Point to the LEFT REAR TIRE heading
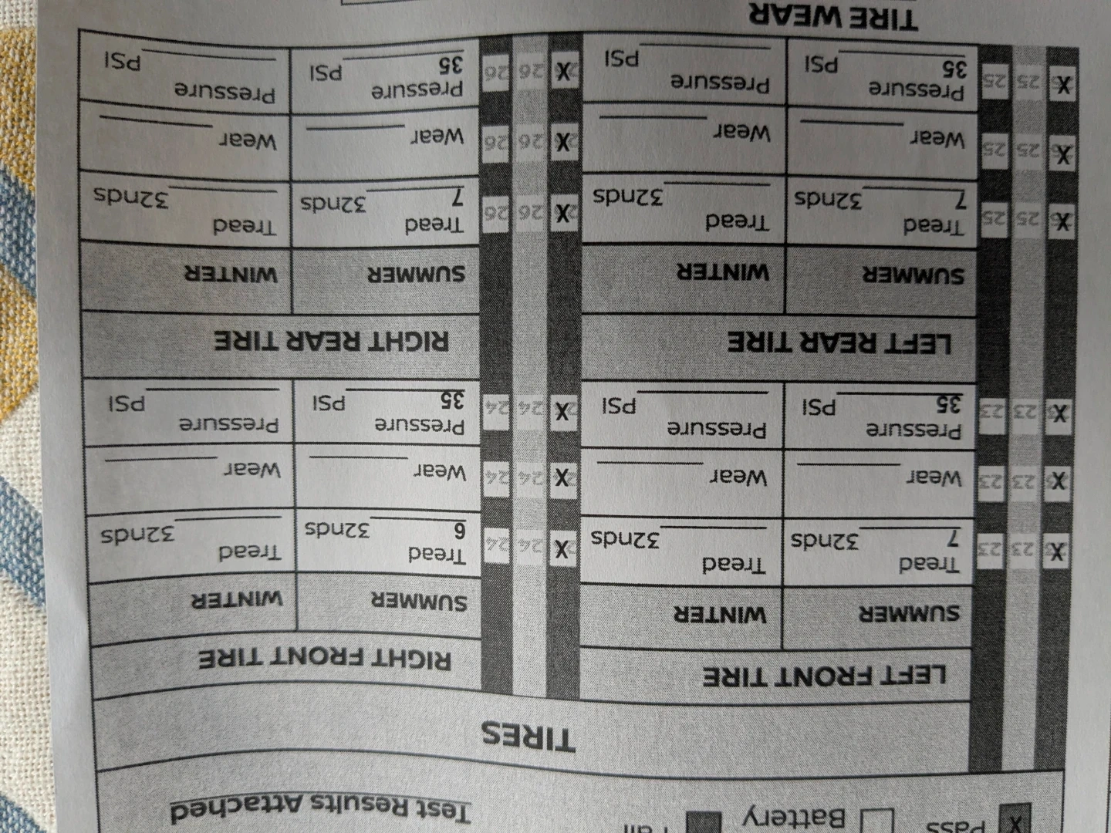coord(839,342)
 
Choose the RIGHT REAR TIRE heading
coord(332,340)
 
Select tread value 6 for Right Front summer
coord(459,531)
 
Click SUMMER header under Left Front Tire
coord(910,614)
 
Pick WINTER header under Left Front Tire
coord(720,615)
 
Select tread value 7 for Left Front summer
coord(954,538)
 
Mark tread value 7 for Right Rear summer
coord(458,197)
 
